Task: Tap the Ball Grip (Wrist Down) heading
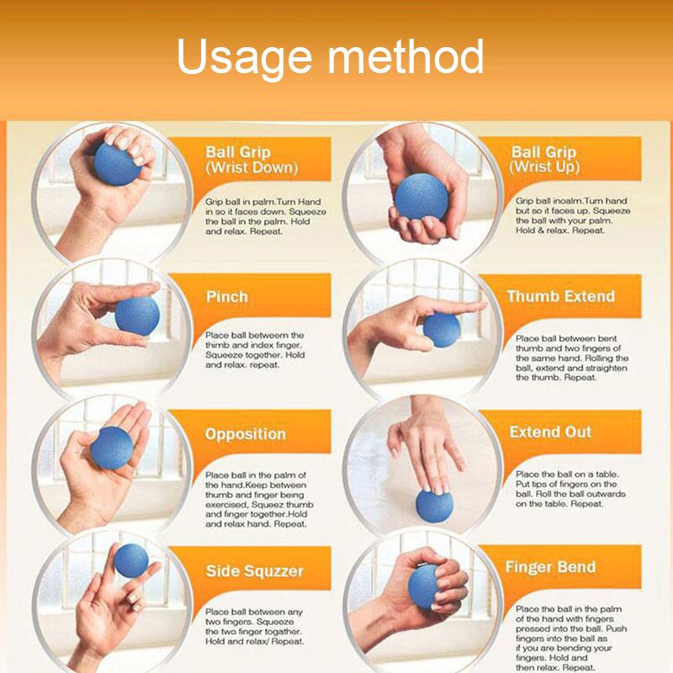[252, 160]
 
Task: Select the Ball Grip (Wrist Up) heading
[543, 160]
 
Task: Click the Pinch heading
[227, 297]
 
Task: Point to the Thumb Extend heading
[560, 297]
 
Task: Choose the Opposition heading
[246, 434]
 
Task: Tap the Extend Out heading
[550, 432]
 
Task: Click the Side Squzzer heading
[253, 571]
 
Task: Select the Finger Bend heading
[550, 567]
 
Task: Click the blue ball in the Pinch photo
[137, 315]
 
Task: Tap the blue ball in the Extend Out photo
[434, 506]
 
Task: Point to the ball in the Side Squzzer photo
[130, 560]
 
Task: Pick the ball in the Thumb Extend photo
[441, 330]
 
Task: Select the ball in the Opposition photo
[112, 448]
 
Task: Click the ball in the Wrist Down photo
[116, 163]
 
